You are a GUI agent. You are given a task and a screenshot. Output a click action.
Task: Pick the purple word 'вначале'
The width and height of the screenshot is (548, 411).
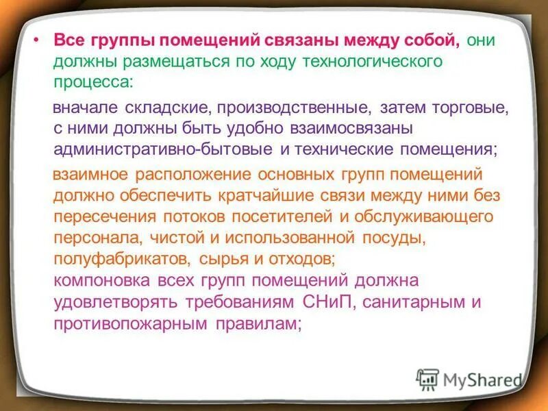86,108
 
